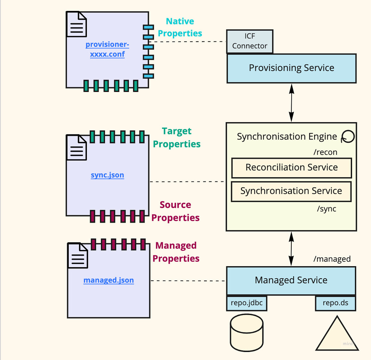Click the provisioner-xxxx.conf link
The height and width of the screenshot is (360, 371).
click(x=107, y=50)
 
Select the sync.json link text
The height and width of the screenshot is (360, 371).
click(x=107, y=175)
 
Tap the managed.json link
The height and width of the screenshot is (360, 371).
click(x=109, y=280)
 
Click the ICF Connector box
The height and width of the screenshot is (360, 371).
click(x=250, y=41)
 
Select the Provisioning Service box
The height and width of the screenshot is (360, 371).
click(x=291, y=68)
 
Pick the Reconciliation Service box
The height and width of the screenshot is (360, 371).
click(x=291, y=167)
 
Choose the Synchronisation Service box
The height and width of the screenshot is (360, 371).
click(x=291, y=191)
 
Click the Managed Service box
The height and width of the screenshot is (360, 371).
click(x=291, y=280)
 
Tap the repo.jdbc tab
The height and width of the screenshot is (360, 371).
click(x=246, y=303)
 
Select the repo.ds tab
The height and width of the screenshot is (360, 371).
click(x=335, y=303)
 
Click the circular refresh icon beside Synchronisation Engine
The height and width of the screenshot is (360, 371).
click(x=348, y=137)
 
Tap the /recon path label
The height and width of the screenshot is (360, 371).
click(x=325, y=152)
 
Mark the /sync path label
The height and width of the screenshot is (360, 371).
click(x=326, y=209)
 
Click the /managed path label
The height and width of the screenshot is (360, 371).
click(x=332, y=259)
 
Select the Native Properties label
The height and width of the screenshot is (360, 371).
click(x=180, y=27)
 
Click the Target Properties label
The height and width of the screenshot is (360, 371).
click(x=177, y=138)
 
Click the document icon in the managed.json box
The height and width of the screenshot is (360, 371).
click(x=78, y=255)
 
